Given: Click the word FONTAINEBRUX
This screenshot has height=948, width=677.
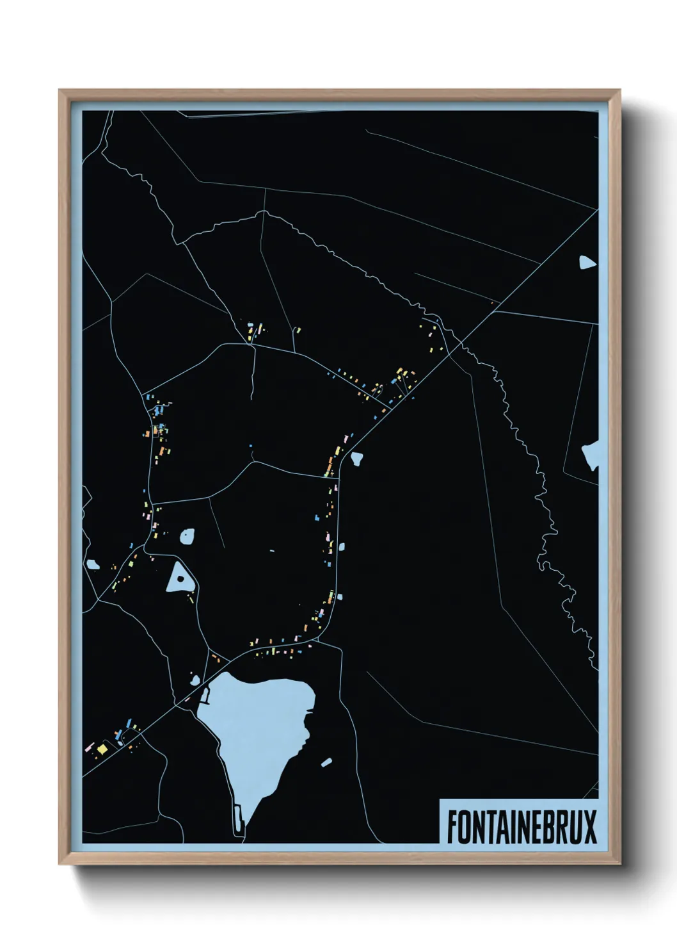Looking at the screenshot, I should pyautogui.click(x=521, y=827).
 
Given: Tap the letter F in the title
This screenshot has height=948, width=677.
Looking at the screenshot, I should pyautogui.click(x=452, y=827).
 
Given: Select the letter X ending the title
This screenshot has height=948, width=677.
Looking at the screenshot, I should pyautogui.click(x=589, y=827).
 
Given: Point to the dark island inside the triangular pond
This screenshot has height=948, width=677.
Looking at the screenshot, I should pyautogui.click(x=181, y=579).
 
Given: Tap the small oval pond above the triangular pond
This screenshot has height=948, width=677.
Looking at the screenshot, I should pyautogui.click(x=187, y=535).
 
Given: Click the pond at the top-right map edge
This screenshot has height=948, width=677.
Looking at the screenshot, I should pyautogui.click(x=586, y=262).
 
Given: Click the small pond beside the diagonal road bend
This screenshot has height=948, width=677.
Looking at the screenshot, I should pyautogui.click(x=356, y=458).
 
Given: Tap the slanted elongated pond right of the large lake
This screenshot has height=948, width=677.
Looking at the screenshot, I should pyautogui.click(x=326, y=762).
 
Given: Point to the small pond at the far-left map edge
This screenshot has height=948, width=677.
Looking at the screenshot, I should pyautogui.click(x=93, y=564).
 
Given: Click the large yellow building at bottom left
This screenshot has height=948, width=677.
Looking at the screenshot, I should pyautogui.click(x=102, y=748).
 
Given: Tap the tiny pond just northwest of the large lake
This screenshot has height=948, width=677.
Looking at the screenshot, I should pyautogui.click(x=195, y=680).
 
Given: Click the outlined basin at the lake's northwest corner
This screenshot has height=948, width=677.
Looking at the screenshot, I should pyautogui.click(x=205, y=694).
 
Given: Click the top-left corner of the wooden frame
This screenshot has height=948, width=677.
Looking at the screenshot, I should pyautogui.click(x=60, y=90).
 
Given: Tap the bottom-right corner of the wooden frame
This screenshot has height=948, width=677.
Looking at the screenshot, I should pyautogui.click(x=619, y=864).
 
